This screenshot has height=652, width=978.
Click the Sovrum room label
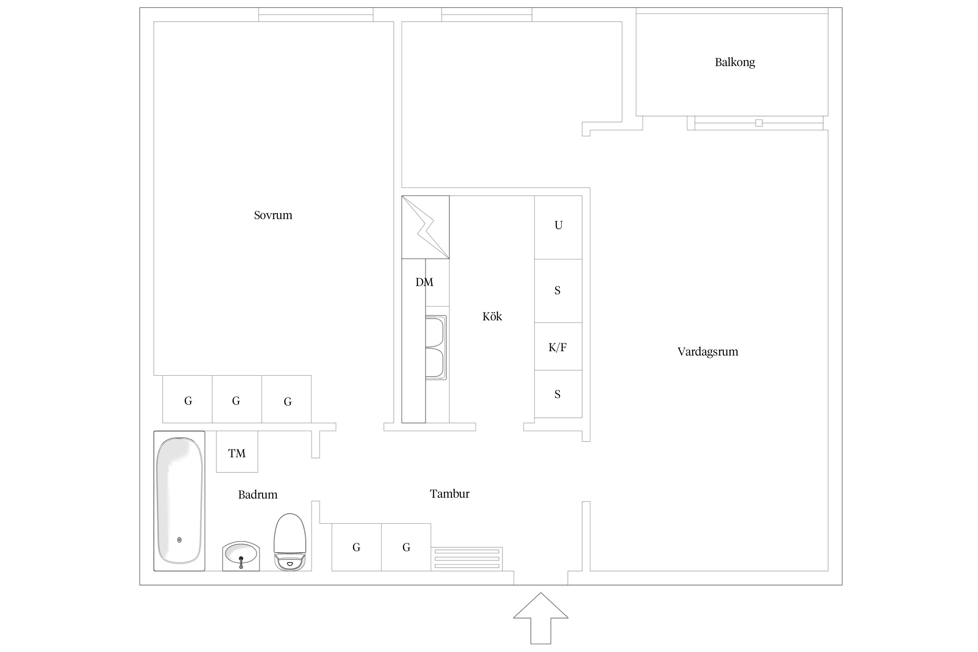(x=273, y=215)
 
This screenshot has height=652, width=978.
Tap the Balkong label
(x=735, y=63)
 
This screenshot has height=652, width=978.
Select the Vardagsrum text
(x=708, y=352)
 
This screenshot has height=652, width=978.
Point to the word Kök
(x=492, y=316)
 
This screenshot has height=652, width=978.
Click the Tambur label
(x=449, y=493)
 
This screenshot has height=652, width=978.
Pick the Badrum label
(x=258, y=494)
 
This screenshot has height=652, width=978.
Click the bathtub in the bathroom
(x=180, y=501)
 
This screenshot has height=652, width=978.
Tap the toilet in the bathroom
(x=290, y=542)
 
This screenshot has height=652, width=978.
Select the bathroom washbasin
(x=241, y=556)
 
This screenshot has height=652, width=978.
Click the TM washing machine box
(x=237, y=452)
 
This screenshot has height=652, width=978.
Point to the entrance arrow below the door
(x=541, y=617)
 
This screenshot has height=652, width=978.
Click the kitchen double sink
(x=436, y=348)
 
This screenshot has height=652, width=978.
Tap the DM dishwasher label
(x=424, y=282)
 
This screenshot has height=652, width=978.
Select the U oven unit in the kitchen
(x=558, y=227)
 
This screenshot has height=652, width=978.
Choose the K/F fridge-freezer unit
(x=558, y=346)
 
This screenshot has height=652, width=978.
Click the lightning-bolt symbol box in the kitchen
(x=425, y=227)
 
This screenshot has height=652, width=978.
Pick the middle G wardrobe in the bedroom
(x=237, y=399)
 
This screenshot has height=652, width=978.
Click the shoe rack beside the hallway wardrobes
(x=467, y=559)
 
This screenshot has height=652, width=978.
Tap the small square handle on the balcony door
(x=759, y=123)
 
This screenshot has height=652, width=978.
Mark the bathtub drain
(x=180, y=540)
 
